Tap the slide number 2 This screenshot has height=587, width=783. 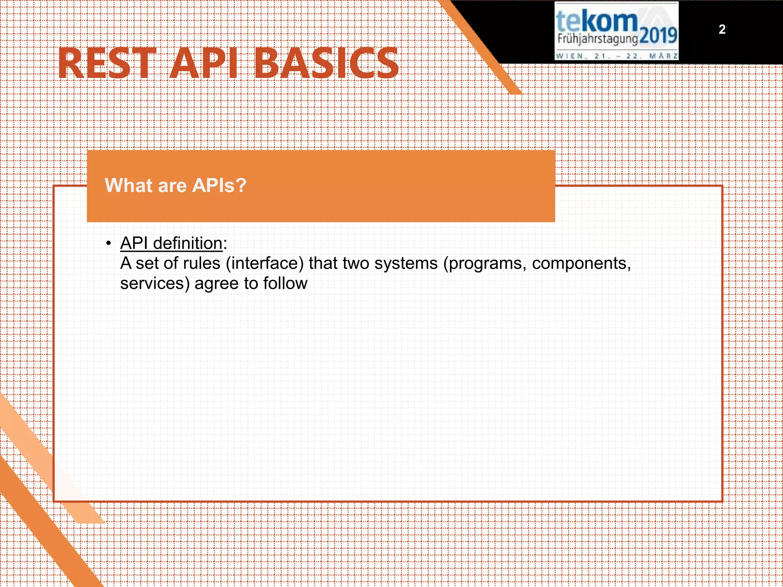722,29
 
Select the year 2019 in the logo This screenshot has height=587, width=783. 658,36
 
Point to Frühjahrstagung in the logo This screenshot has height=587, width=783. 597,39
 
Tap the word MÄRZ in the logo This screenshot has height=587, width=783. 664,56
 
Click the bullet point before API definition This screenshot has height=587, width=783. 109,243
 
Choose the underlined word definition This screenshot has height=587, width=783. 188,243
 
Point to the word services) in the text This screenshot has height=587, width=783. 155,284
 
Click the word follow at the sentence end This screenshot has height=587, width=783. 285,284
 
